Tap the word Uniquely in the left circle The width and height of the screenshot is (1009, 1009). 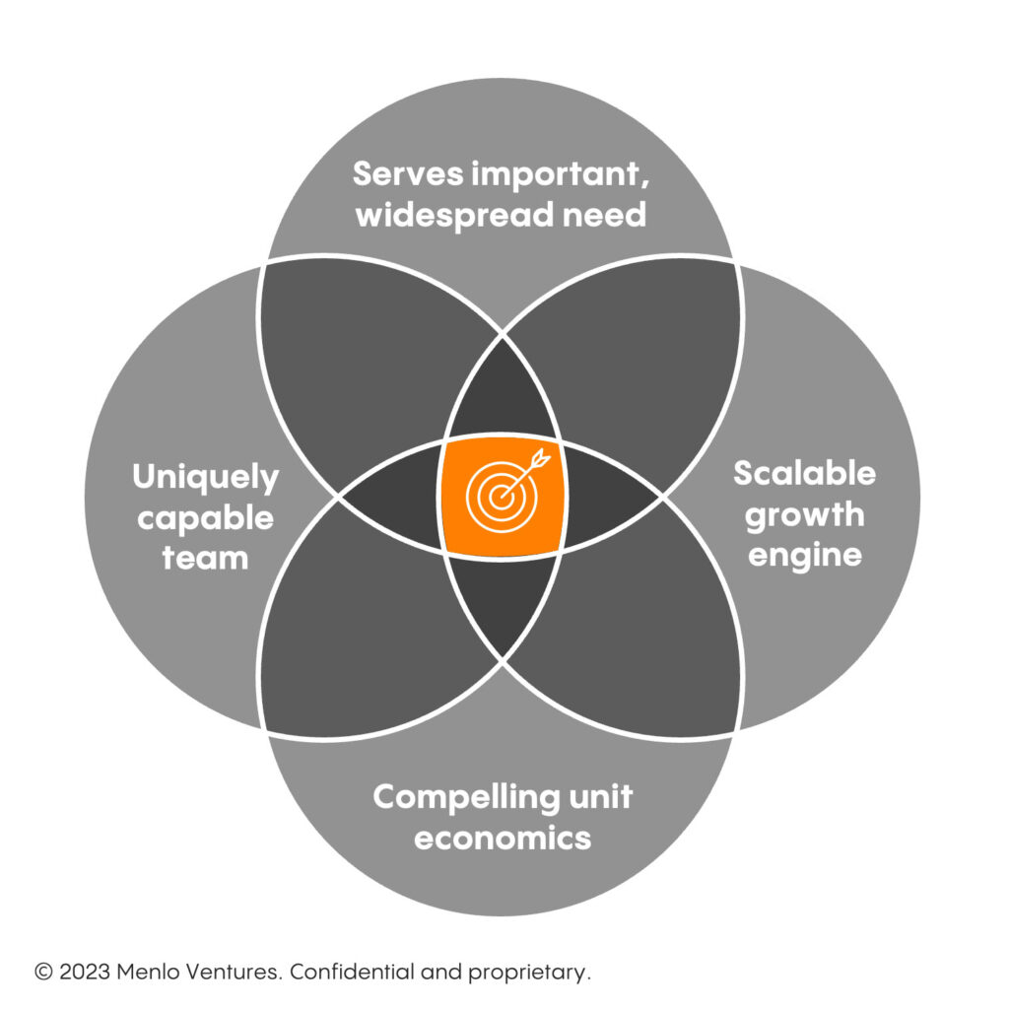pos(206,480)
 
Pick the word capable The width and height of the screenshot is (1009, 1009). pos(205,519)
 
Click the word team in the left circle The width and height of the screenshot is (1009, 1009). pos(206,559)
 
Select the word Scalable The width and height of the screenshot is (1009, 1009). pos(804,474)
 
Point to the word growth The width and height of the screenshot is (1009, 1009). pos(804,515)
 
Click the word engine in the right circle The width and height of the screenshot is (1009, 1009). pos(804,555)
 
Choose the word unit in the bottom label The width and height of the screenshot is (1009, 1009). pos(601,797)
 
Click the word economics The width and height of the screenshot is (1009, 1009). pos(503,839)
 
